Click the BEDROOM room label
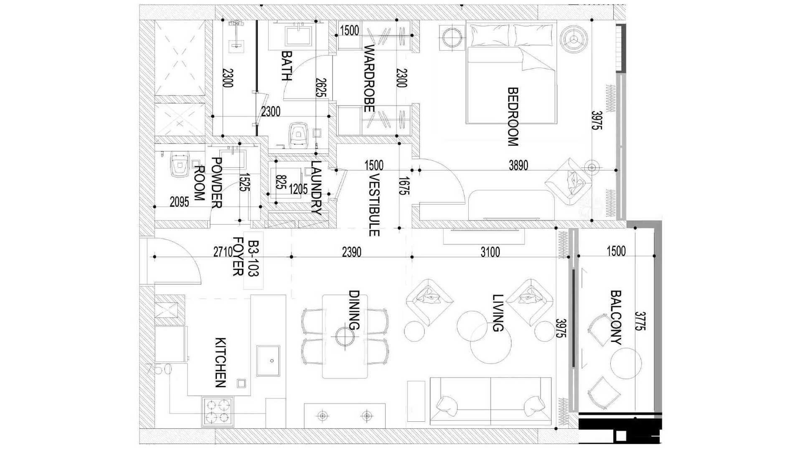[x=513, y=117]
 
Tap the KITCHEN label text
[x=220, y=362]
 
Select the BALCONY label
[x=616, y=317]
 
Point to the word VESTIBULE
[x=374, y=205]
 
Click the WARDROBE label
[x=368, y=79]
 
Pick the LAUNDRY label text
[x=316, y=188]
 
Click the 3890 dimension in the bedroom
[x=518, y=165]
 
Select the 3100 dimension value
[x=490, y=252]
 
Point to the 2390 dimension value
[x=351, y=252]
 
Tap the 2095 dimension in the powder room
[x=179, y=202]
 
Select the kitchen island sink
[x=268, y=360]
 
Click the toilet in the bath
[x=298, y=133]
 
